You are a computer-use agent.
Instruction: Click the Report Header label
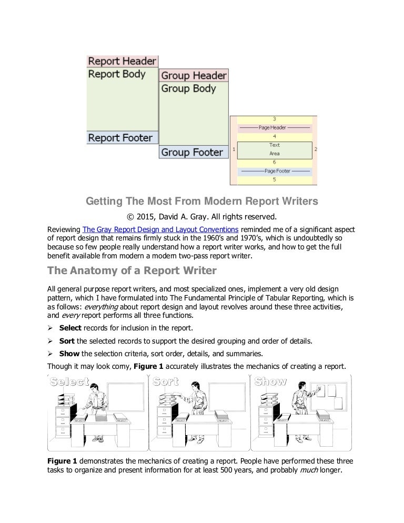pos(122,61)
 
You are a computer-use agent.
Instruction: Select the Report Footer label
pos(120,138)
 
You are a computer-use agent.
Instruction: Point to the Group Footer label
pos(192,153)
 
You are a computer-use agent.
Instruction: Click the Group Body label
pos(188,88)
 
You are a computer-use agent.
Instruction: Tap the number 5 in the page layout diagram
pos(274,179)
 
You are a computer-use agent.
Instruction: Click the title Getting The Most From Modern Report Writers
pos(202,200)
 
